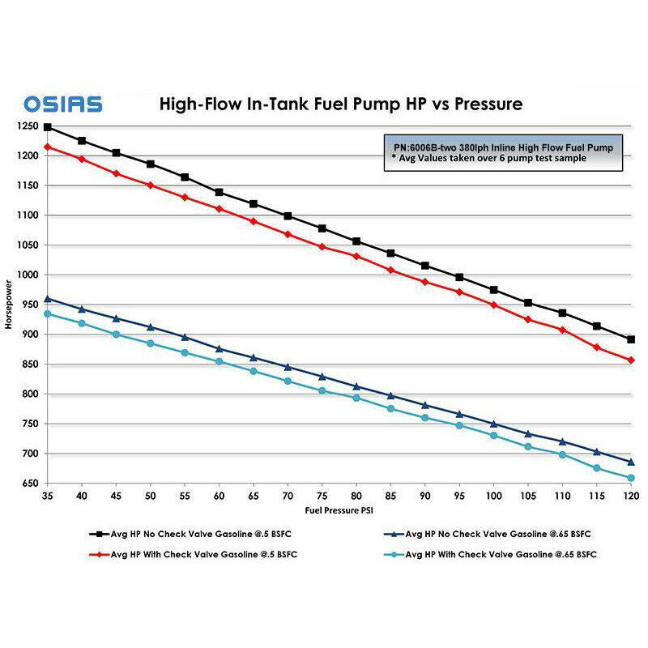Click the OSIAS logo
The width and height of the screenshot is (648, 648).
[62, 104]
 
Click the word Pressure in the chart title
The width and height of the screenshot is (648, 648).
[478, 104]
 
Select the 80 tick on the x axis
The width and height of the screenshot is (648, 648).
[356, 493]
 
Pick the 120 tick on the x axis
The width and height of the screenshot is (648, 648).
[631, 493]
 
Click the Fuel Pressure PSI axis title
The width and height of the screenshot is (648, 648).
[336, 510]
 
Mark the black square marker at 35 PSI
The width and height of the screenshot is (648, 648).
[48, 127]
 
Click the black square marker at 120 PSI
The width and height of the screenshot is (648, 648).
[631, 339]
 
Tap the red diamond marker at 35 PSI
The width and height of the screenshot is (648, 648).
[48, 147]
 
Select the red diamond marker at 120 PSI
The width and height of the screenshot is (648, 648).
[631, 360]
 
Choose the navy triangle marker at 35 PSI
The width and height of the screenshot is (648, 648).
[48, 298]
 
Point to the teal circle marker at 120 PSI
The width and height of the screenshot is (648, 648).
[631, 478]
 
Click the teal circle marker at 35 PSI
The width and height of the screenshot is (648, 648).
[48, 313]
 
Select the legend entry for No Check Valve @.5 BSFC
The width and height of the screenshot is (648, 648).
[202, 535]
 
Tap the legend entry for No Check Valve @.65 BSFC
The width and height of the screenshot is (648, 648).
[494, 535]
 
